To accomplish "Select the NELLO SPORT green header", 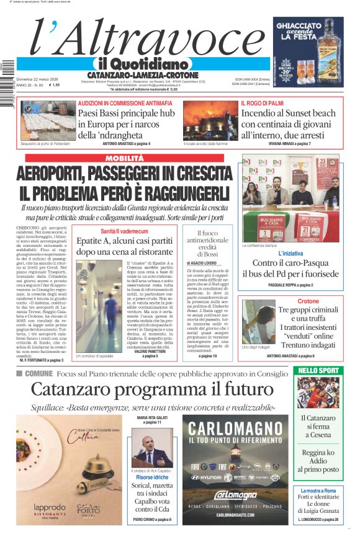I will [x=318, y=370].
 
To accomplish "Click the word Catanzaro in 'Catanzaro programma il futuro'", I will [x=73, y=389].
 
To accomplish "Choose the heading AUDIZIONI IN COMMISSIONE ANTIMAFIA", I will [x=125, y=103].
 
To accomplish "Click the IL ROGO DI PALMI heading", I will [x=262, y=103].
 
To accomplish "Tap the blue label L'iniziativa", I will [x=290, y=254].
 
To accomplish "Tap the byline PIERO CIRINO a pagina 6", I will [x=152, y=519].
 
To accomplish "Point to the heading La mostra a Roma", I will [x=318, y=491].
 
